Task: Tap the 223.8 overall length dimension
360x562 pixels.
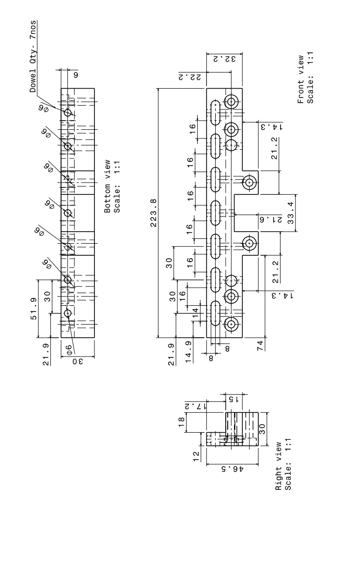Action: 153,212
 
